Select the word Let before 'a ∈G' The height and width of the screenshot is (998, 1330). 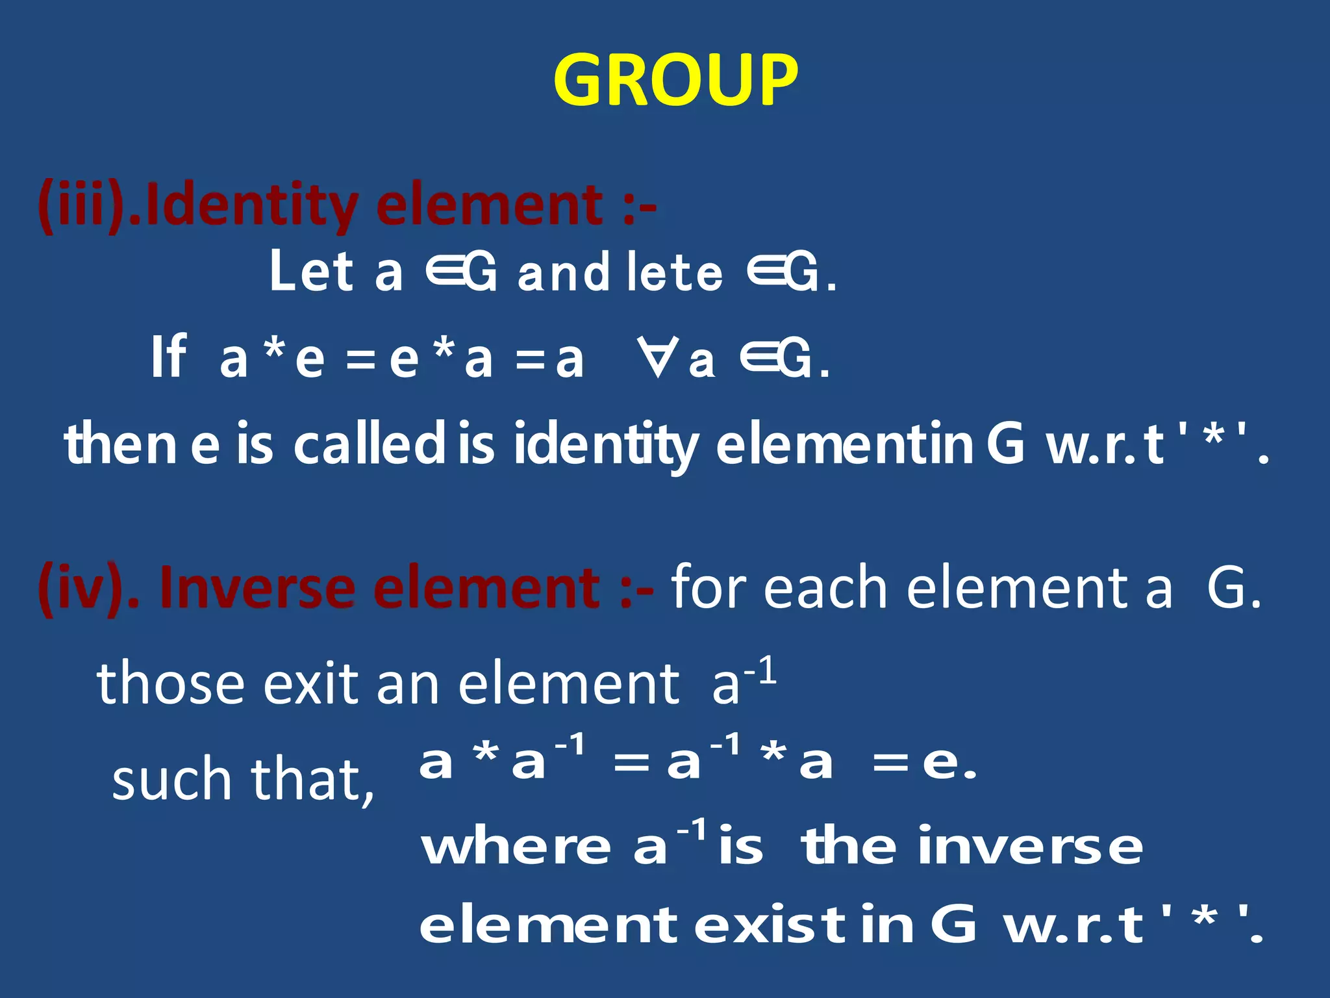[312, 272]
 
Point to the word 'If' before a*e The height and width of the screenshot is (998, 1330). [168, 357]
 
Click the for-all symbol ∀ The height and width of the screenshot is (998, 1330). [657, 357]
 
